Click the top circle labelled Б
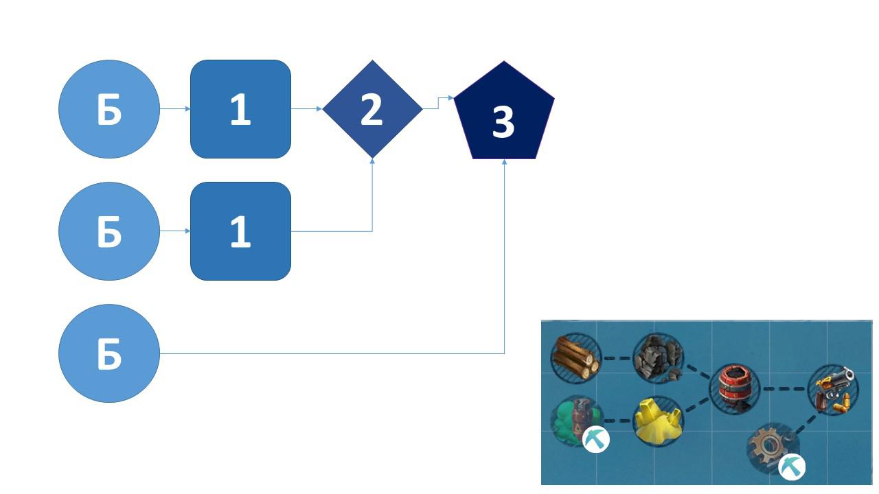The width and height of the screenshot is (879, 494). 109,109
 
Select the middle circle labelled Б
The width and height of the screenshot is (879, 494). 109,231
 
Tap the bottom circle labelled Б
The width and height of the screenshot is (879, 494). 109,353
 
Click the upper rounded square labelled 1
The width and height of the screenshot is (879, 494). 240,109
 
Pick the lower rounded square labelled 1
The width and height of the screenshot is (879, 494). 240,231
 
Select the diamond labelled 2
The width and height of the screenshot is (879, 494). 372,109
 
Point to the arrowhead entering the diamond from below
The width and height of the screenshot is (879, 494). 372,161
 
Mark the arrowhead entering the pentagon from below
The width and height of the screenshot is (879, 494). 504,162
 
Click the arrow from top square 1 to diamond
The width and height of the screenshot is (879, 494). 306,108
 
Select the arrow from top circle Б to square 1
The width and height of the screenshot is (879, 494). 175,108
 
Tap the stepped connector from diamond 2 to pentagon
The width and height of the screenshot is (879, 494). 438,103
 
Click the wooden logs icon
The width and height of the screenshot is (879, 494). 575,357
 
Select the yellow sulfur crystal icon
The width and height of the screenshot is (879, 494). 659,421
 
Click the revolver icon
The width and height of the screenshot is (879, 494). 834,389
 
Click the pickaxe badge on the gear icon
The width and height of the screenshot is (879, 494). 792,467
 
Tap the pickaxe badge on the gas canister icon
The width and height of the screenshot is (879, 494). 595,440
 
